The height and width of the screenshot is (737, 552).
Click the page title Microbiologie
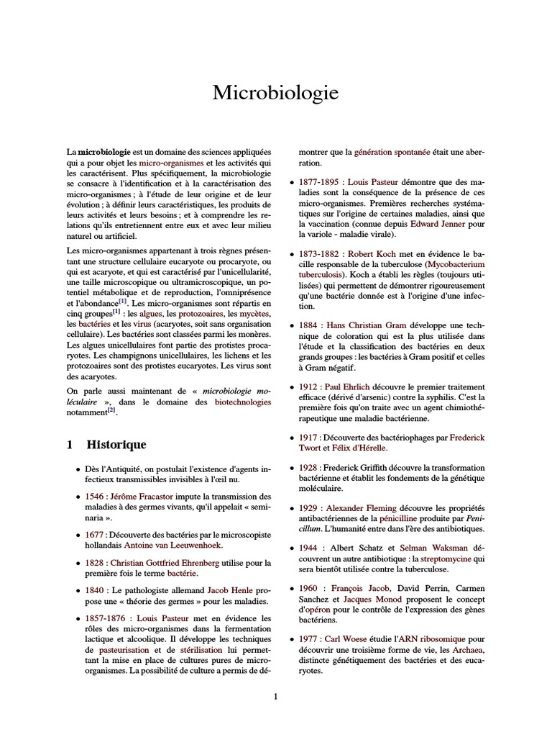275,94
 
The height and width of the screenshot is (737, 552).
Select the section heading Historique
116,445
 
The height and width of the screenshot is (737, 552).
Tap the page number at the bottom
275,696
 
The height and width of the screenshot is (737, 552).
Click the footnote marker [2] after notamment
111,411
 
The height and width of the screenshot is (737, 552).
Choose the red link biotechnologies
243,402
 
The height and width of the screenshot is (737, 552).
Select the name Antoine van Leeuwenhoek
172,548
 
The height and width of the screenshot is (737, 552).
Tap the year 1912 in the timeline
310,387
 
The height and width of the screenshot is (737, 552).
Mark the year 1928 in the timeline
310,467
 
